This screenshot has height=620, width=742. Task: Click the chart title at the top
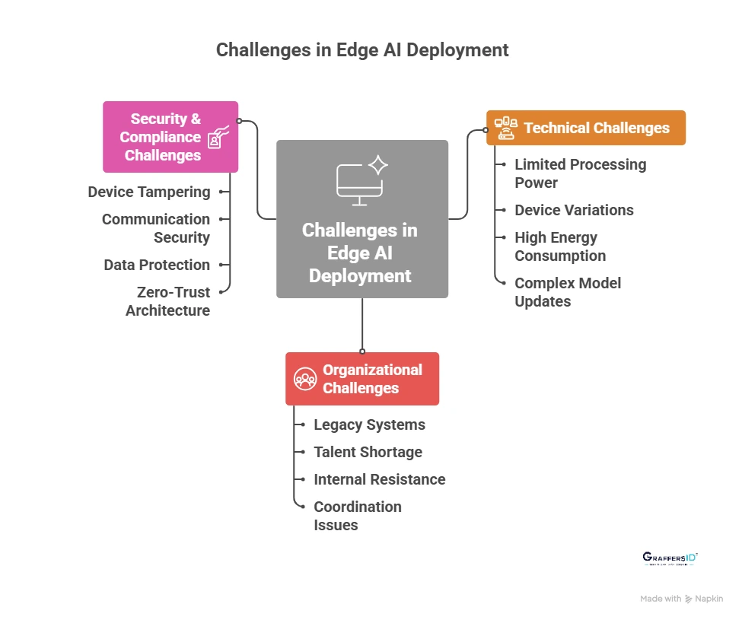tap(362, 50)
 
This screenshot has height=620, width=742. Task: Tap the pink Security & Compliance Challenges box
tap(170, 137)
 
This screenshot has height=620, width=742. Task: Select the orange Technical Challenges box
tap(585, 128)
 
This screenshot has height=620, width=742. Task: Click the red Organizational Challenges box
tap(362, 379)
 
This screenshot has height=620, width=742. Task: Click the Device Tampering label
tap(149, 192)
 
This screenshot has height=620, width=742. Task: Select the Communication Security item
tap(156, 228)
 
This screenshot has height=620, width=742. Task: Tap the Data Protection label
tap(157, 265)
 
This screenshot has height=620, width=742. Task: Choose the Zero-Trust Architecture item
tap(168, 301)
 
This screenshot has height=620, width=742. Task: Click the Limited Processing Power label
tap(580, 173)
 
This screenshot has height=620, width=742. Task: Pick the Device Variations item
tap(574, 210)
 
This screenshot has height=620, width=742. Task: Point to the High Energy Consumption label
tap(560, 246)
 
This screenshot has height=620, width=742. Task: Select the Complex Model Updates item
tap(568, 292)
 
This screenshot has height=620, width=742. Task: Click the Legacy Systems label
tap(370, 424)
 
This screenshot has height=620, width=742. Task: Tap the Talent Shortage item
tap(368, 452)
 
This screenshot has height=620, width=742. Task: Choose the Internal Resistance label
tap(380, 479)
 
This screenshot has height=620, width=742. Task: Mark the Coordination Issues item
tap(358, 516)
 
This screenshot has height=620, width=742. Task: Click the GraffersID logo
tap(670, 558)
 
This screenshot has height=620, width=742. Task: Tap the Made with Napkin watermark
tap(681, 599)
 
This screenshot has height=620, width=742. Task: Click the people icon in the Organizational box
tap(306, 379)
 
